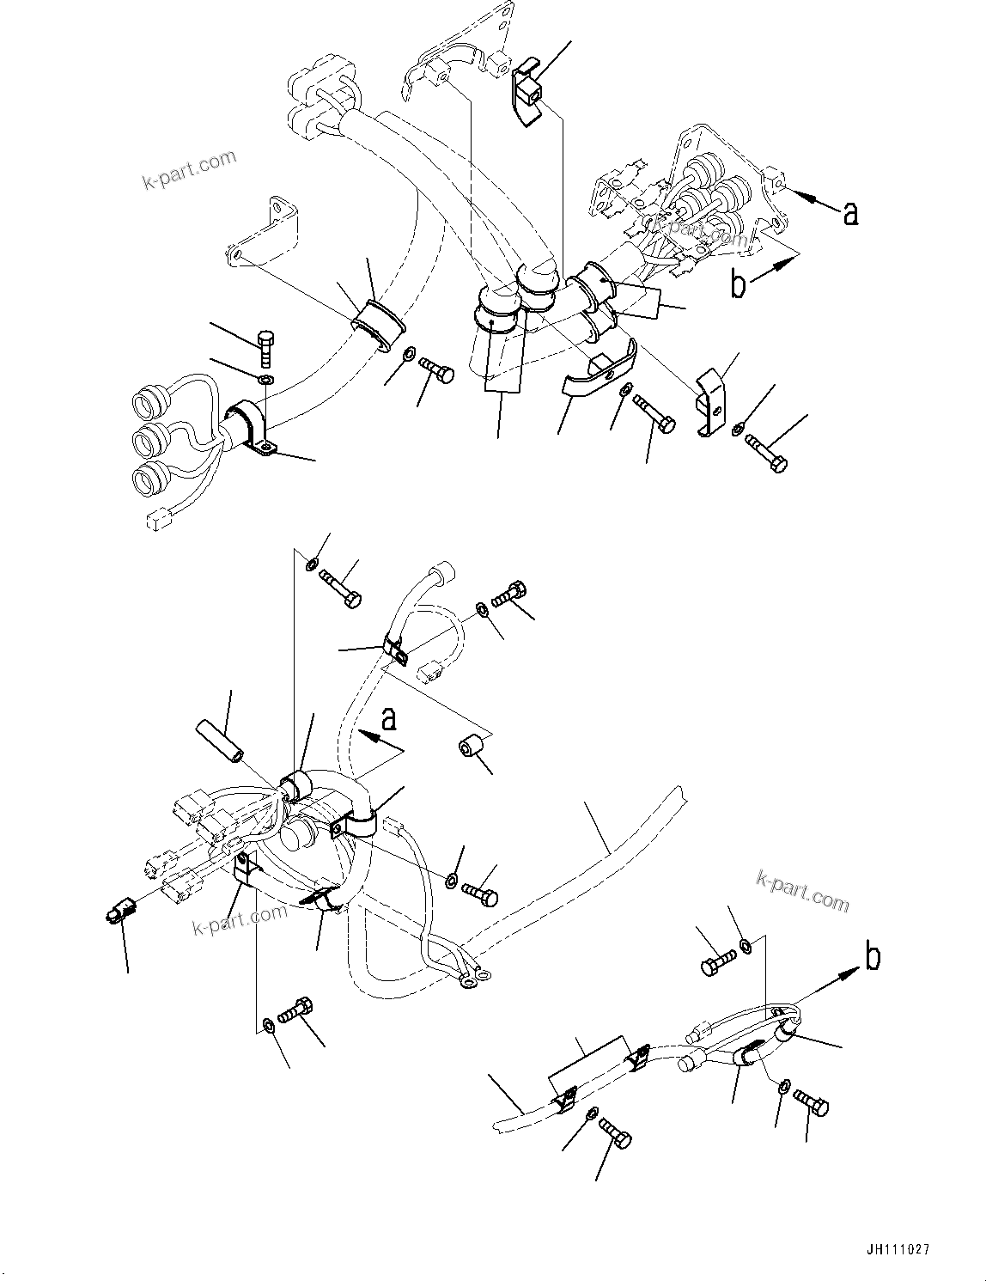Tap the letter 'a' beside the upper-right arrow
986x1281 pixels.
pyautogui.click(x=850, y=213)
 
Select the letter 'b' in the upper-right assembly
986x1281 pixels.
pyautogui.click(x=739, y=284)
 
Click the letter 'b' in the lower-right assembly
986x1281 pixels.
pyautogui.click(x=873, y=956)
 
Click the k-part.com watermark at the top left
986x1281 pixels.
pyautogui.click(x=189, y=170)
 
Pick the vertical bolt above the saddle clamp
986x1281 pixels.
pyautogui.click(x=265, y=347)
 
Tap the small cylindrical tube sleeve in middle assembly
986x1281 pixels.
pyautogui.click(x=221, y=739)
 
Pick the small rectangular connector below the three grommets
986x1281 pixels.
pyautogui.click(x=157, y=518)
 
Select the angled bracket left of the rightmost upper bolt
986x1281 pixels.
pyautogui.click(x=710, y=400)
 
